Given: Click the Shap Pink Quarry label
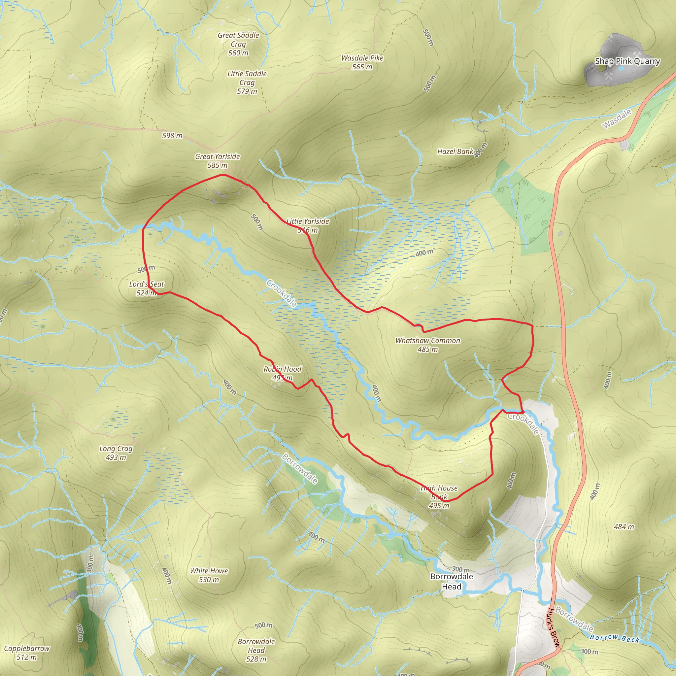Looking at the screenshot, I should click(x=627, y=61).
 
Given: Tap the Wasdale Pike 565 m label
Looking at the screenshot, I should click(x=362, y=62).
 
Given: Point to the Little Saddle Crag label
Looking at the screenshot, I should click(x=247, y=82).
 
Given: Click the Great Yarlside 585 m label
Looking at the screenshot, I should click(x=217, y=161).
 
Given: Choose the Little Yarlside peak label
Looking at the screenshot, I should click(x=308, y=225).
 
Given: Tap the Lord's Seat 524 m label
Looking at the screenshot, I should click(x=146, y=288).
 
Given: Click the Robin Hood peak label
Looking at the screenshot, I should click(x=282, y=373).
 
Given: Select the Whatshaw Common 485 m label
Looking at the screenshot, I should click(x=427, y=345).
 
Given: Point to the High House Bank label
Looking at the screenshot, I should click(x=439, y=496).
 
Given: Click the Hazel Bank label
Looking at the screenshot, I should click(x=455, y=152).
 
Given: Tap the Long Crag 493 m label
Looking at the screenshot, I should click(x=116, y=453).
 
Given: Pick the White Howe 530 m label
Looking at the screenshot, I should click(x=209, y=575).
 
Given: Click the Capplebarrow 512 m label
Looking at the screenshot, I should click(x=27, y=653).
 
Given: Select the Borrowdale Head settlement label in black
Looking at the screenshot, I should click(x=451, y=581).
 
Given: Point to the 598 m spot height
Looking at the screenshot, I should click(x=172, y=135).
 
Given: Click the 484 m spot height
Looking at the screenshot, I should click(x=624, y=526).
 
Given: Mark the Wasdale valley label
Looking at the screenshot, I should click(x=617, y=118).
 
